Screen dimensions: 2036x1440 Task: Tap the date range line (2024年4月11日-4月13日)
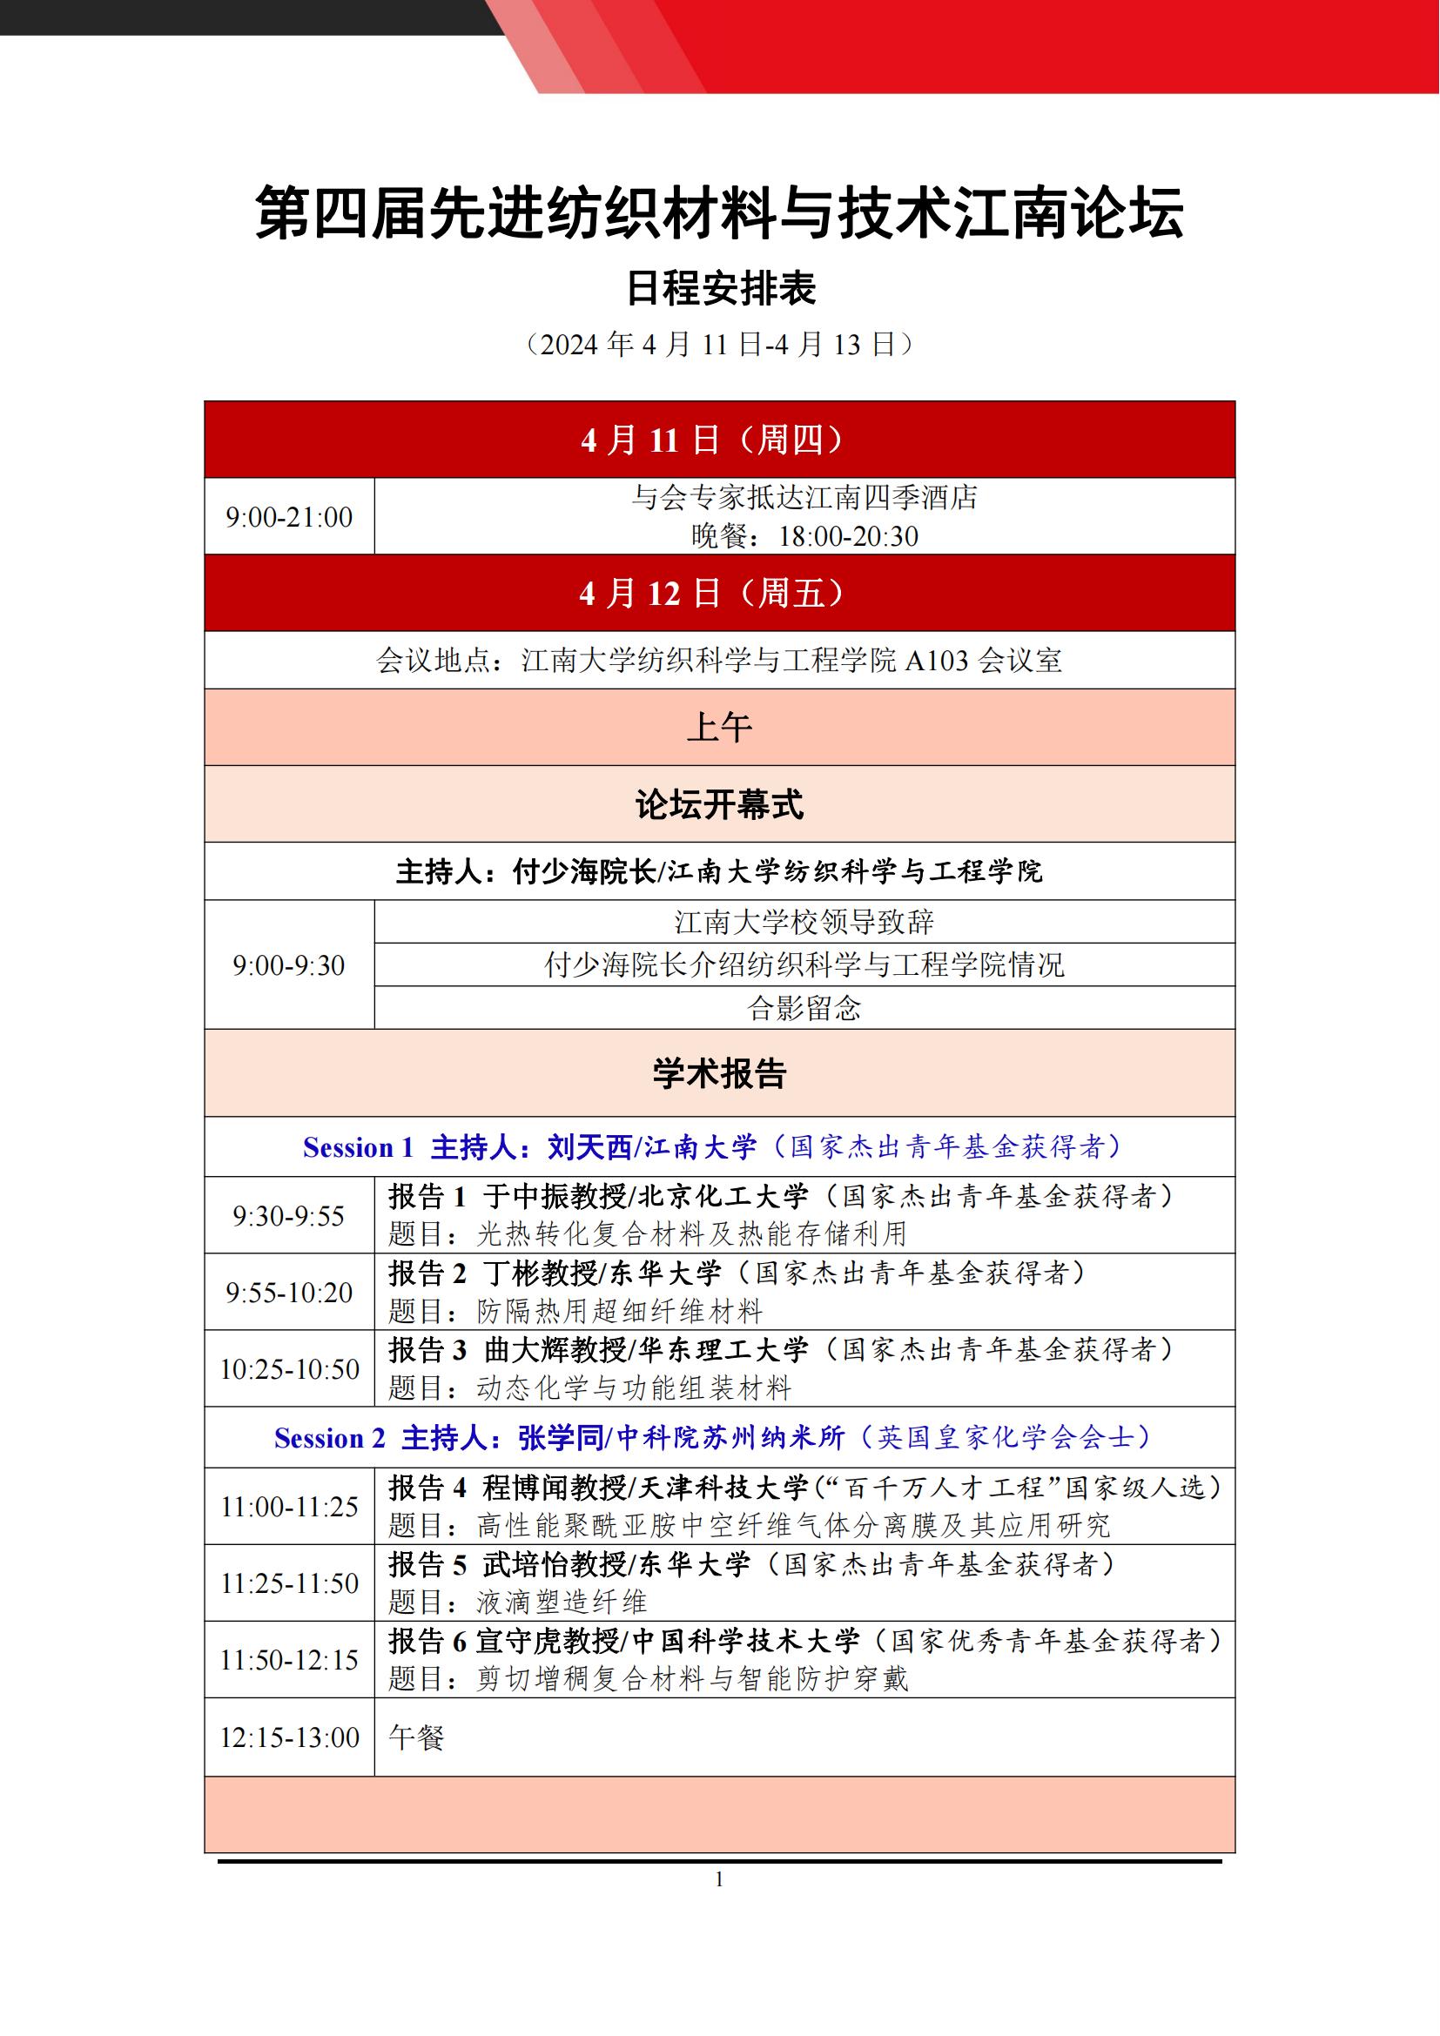[x=719, y=344]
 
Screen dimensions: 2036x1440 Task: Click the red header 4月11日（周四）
[x=719, y=440]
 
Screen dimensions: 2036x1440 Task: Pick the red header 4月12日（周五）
[x=719, y=594]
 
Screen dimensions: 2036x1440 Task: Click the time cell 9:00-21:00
[x=289, y=517]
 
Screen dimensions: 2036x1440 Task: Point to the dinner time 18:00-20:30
[x=848, y=536]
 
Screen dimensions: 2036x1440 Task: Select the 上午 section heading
[x=719, y=727]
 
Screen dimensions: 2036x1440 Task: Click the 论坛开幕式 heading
[x=719, y=804]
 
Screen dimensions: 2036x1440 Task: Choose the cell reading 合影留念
[x=804, y=1008]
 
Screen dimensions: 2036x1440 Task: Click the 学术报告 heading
[x=719, y=1073]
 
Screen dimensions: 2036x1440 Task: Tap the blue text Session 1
[x=358, y=1147]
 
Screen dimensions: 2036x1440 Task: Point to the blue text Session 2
[x=330, y=1437]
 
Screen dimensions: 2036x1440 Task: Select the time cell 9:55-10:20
[x=289, y=1292]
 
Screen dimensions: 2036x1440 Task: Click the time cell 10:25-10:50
[x=289, y=1369]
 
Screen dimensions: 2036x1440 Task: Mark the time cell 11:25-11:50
[x=289, y=1582]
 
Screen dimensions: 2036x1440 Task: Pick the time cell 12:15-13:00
[x=289, y=1737]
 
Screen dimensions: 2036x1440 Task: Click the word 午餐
[x=416, y=1737]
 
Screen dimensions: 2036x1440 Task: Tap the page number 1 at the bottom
[x=719, y=1879]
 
